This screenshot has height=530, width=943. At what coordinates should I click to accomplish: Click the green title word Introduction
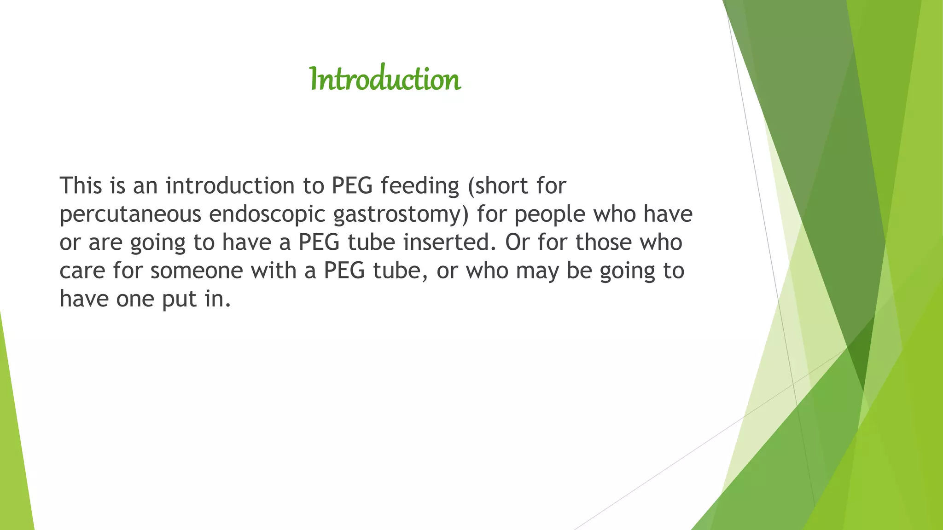(385, 79)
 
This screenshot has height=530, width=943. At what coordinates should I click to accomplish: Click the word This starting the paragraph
(81, 185)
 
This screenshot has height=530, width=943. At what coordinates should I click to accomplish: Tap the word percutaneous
(130, 214)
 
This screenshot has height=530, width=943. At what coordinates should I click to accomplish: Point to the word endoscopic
(267, 214)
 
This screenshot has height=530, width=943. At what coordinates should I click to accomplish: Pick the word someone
(196, 271)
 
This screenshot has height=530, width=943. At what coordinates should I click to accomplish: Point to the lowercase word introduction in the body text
(230, 185)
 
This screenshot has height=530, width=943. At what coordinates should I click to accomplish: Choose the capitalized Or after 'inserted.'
(517, 242)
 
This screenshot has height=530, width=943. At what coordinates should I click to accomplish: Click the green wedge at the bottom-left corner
(14, 460)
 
